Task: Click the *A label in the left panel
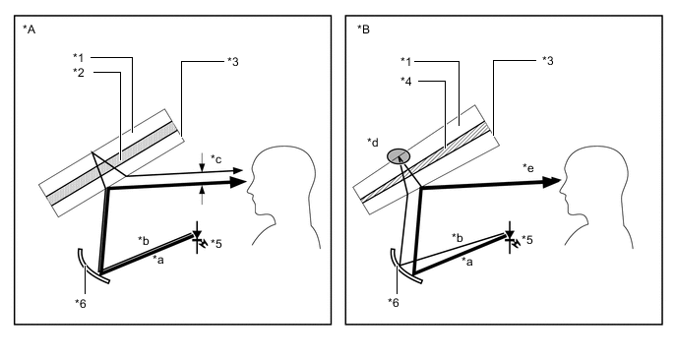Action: [29, 30]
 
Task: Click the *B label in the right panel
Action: [363, 30]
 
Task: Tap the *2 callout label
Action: [79, 72]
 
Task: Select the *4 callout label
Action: [406, 81]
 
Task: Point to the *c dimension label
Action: [215, 158]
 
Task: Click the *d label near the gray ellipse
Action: [373, 142]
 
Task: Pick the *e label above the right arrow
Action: [528, 167]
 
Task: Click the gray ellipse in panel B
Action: [399, 155]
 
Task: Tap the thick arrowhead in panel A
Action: [238, 183]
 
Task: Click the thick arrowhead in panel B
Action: [551, 182]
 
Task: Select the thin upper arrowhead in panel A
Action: [238, 170]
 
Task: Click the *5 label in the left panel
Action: [216, 244]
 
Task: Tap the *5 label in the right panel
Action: [526, 240]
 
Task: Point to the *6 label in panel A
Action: [81, 304]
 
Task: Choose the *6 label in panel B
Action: [394, 303]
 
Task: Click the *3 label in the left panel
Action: [233, 62]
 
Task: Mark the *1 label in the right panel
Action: [406, 61]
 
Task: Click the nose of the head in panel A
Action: [248, 190]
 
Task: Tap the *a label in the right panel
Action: [467, 261]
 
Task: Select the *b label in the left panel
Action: [144, 240]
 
